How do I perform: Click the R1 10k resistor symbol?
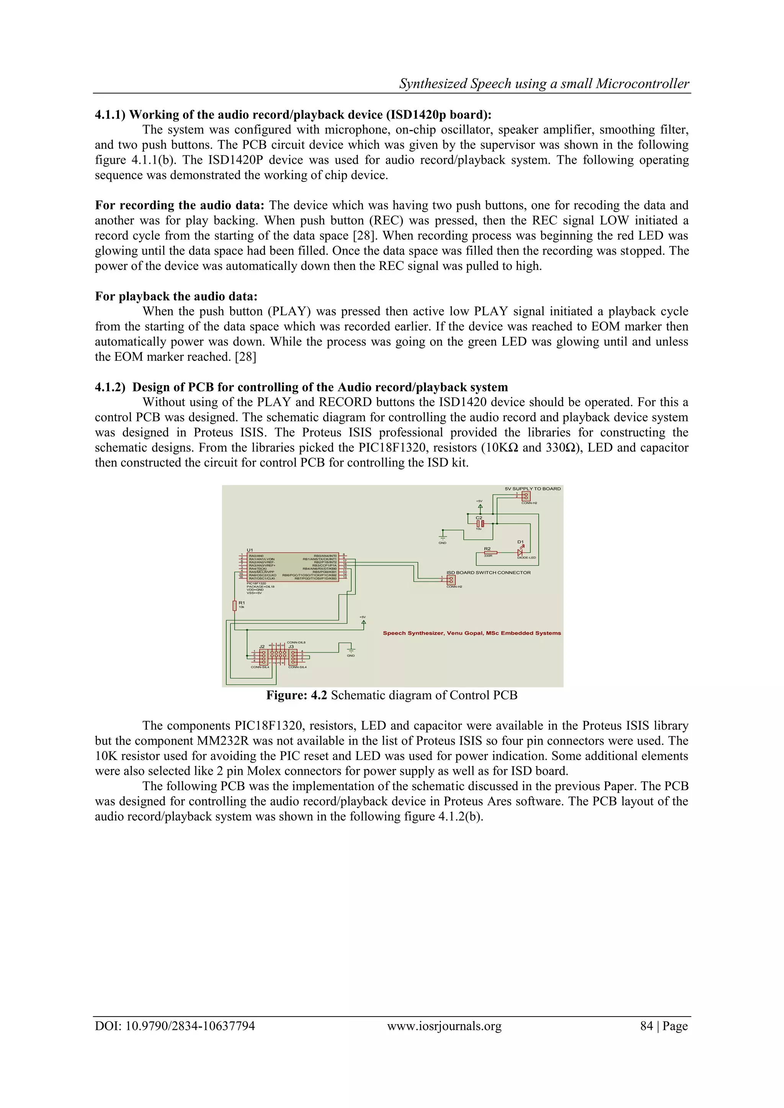235,605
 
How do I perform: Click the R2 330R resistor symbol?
490,552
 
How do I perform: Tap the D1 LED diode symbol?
520,552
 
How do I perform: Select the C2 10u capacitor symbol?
479,523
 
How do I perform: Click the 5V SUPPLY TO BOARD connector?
526,496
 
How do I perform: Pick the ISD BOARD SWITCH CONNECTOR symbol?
451,580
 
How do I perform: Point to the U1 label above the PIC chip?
250,550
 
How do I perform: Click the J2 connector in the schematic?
263,657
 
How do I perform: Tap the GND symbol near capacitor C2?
443,537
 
